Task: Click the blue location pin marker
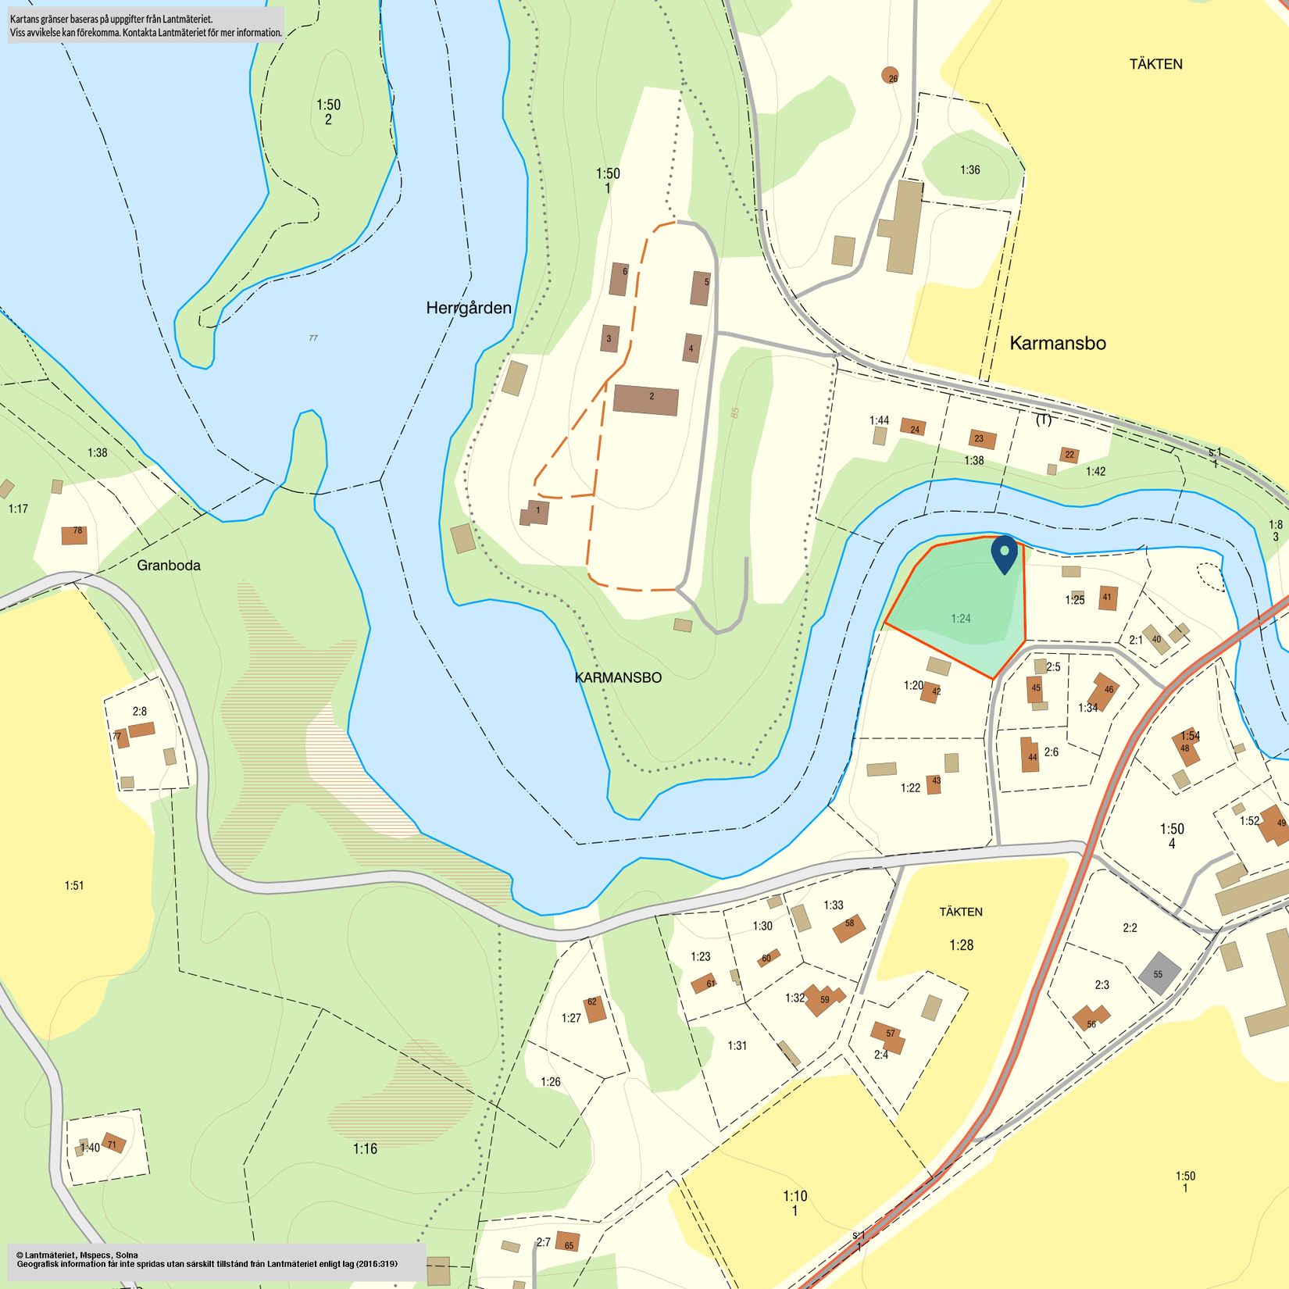pos(1004,552)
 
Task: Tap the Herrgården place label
pos(469,308)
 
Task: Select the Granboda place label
pos(169,565)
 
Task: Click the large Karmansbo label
pos(1057,343)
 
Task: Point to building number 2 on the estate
pos(645,399)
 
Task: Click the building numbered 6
pos(619,278)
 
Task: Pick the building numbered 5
pos(700,287)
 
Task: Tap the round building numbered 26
pos(890,75)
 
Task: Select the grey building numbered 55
pos(1159,973)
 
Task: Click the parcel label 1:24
pos(961,619)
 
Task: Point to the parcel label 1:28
pos(962,945)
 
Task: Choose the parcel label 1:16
pos(365,1148)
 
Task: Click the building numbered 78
pos(74,535)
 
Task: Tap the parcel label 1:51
pos(74,885)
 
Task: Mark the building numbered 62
pos(595,1009)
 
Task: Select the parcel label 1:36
pos(970,170)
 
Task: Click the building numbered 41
pos(1108,598)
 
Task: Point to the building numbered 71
pos(114,1143)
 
